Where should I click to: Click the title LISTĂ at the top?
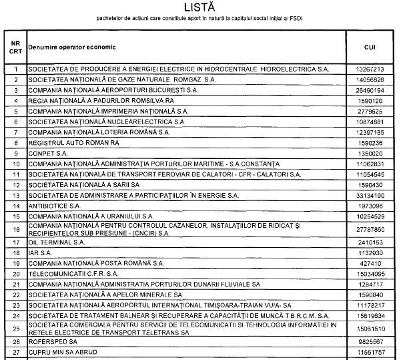point(200,7)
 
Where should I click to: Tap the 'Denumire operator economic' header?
point(72,47)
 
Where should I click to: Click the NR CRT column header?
point(15,47)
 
